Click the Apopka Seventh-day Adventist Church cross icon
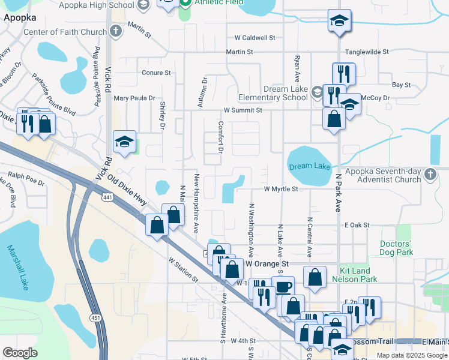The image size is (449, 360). pos(429,174)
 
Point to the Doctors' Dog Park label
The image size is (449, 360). pos(396,248)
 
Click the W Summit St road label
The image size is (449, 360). pos(243,110)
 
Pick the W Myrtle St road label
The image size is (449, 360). pos(281,189)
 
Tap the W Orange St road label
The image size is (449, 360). pos(267,264)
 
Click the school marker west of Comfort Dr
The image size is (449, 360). pos(124,142)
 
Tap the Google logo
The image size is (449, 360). pos(20,353)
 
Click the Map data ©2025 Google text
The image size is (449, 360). pos(412,355)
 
